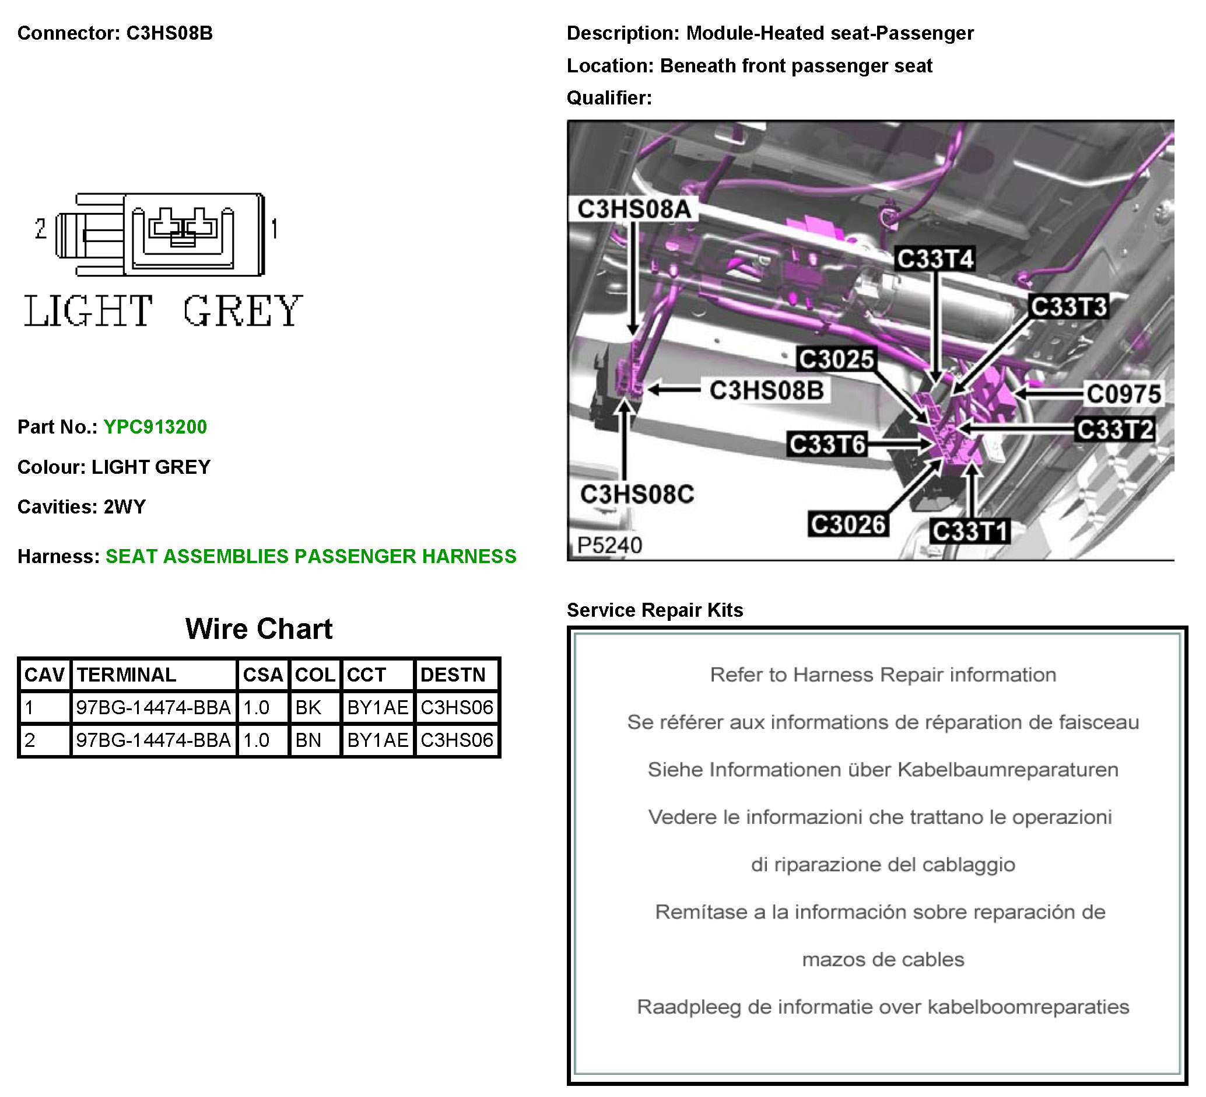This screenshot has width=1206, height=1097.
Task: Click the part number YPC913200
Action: [x=156, y=427]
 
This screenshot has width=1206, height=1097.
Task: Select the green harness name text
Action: [x=311, y=557]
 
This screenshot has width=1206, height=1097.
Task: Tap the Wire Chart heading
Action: [x=259, y=629]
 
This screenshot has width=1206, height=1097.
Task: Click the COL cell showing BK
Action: [x=308, y=708]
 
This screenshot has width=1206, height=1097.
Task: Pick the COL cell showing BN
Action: [x=308, y=740]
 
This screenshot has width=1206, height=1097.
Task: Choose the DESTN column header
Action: [x=454, y=675]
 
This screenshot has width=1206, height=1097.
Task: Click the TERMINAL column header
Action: [x=126, y=675]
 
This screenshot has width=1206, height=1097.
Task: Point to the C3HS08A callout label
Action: [x=634, y=209]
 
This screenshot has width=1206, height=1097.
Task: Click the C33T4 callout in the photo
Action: [x=935, y=259]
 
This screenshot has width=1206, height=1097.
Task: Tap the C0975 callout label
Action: [x=1124, y=394]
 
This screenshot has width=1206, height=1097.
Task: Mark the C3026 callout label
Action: [x=848, y=525]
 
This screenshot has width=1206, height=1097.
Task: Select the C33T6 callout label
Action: [x=828, y=445]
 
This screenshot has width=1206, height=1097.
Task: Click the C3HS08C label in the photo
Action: [x=637, y=494]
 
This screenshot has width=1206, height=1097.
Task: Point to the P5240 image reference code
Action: [x=609, y=545]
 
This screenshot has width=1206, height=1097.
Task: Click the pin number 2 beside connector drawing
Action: [x=41, y=229]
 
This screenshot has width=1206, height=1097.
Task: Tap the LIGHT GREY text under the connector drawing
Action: [x=163, y=311]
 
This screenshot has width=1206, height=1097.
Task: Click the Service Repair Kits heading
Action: [x=655, y=610]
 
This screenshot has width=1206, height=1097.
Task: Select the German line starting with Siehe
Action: [x=883, y=770]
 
